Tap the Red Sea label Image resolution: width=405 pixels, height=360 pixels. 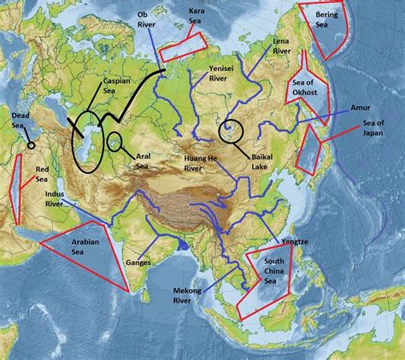(42, 174)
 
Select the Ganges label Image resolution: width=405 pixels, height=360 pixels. (138, 262)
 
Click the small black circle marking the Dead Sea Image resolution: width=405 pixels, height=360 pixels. (32, 145)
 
